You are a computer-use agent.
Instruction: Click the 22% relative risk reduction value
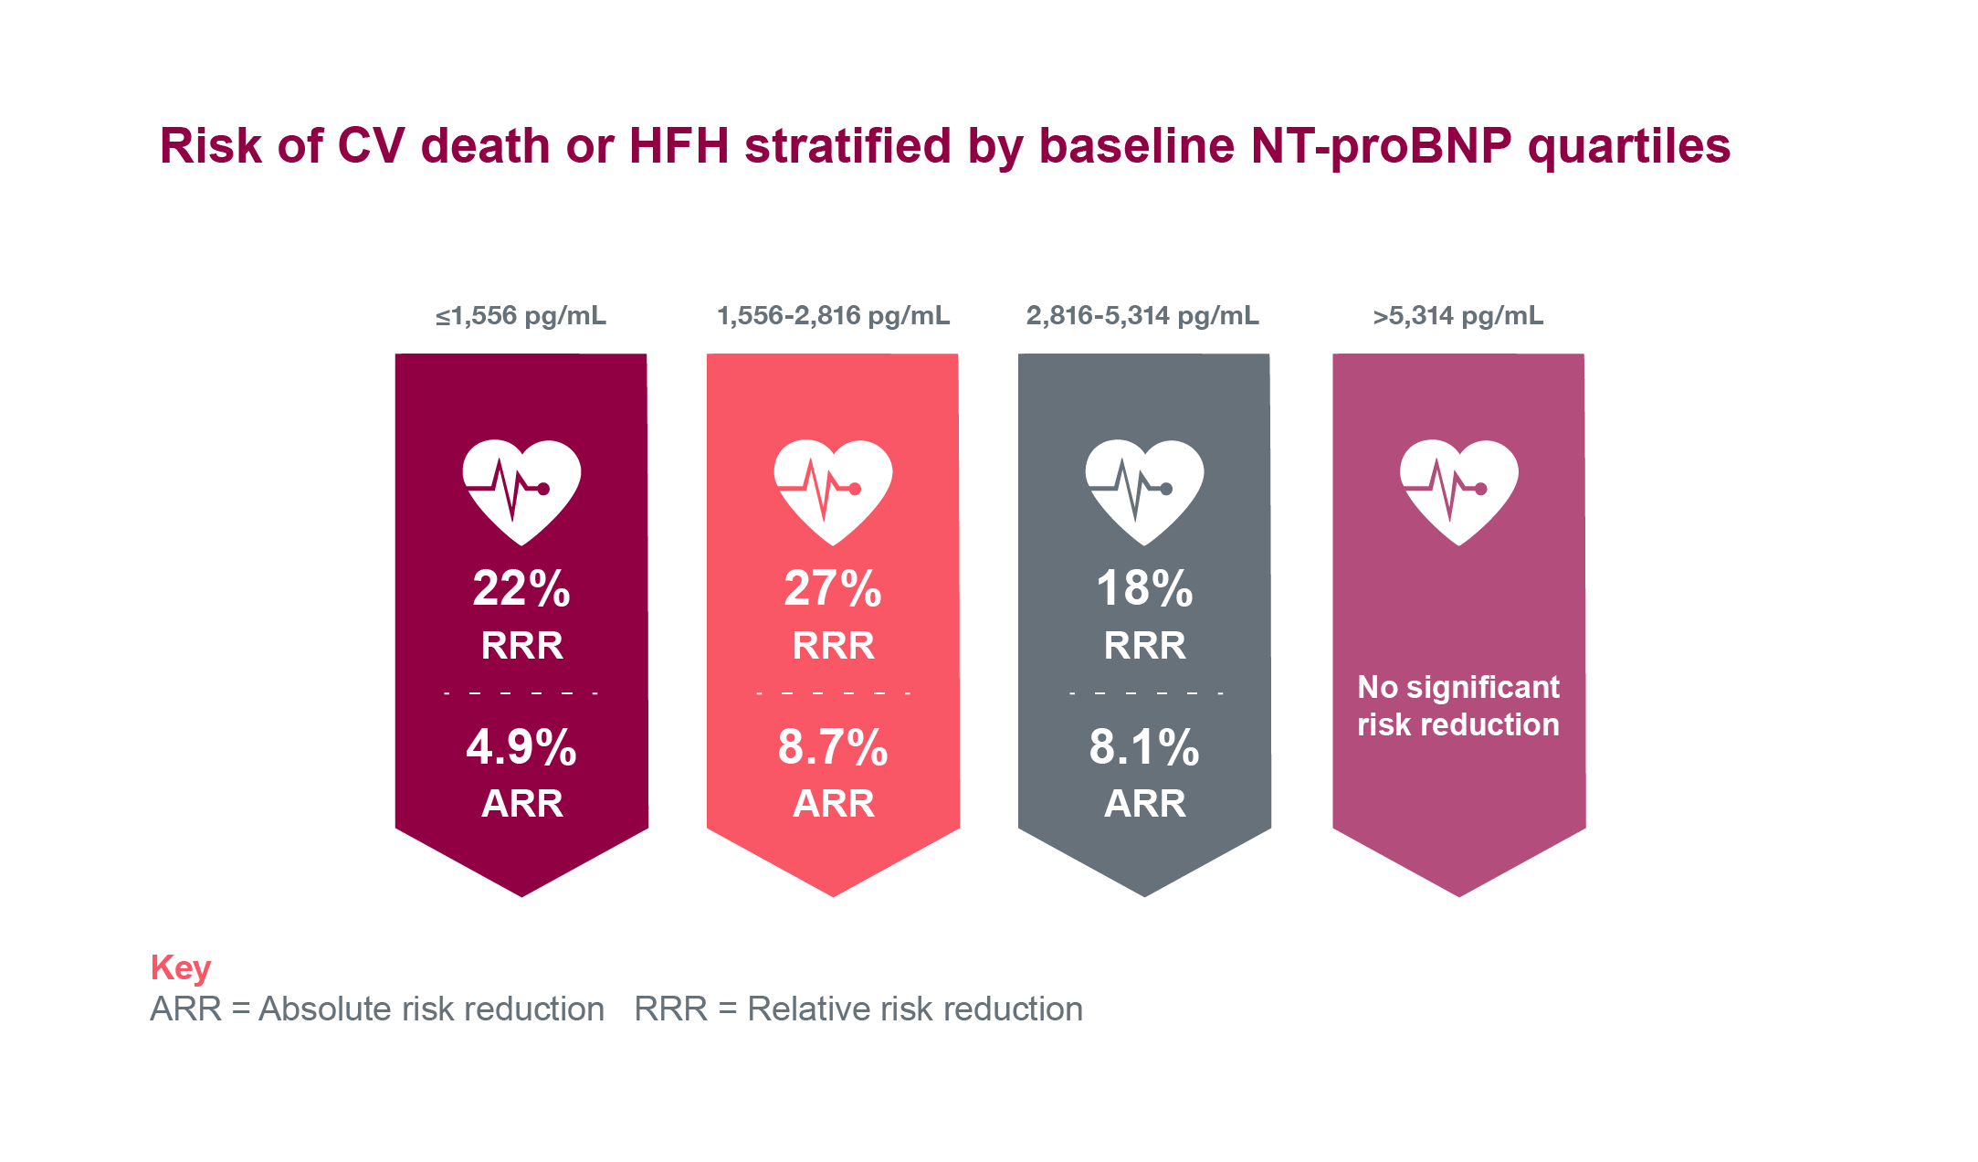pos(521,588)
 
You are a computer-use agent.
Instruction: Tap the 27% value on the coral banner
pos(833,588)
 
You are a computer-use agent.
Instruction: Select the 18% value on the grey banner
pos(1144,588)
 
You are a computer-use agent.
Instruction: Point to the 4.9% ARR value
pos(521,747)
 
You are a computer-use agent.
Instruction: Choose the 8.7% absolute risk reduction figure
pos(833,747)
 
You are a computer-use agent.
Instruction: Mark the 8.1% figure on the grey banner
pos(1144,747)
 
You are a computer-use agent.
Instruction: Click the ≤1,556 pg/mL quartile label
pos(521,316)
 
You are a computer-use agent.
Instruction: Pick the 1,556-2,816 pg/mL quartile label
pos(833,316)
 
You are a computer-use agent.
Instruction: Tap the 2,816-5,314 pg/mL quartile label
pos(1142,316)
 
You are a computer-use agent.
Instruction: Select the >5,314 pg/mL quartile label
pos(1458,316)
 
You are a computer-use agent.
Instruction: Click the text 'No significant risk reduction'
pos(1458,705)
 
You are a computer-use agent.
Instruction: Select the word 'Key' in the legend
pos(181,967)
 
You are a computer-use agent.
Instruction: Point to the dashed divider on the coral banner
pos(833,693)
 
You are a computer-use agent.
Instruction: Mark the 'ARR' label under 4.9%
pos(521,804)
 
